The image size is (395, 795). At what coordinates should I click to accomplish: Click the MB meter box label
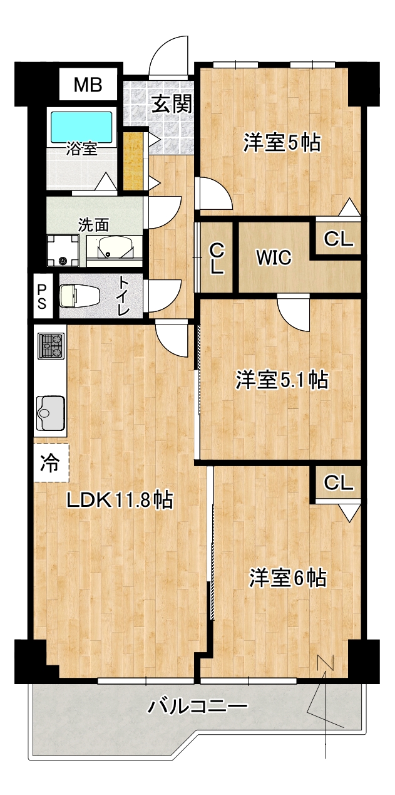(88, 85)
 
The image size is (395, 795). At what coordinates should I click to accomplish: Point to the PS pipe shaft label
(42, 296)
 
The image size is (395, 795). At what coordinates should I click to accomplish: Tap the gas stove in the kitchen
(51, 346)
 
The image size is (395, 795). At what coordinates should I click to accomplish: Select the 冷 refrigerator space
(50, 464)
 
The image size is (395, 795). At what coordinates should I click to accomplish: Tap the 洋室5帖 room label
(282, 143)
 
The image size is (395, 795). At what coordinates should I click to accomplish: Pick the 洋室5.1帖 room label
(282, 380)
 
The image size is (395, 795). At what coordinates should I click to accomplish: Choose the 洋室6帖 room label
(288, 578)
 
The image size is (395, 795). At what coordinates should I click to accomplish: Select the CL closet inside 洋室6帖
(339, 482)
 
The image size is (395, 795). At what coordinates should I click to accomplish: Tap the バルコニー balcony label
(198, 707)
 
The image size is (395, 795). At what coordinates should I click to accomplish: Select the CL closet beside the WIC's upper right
(339, 238)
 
